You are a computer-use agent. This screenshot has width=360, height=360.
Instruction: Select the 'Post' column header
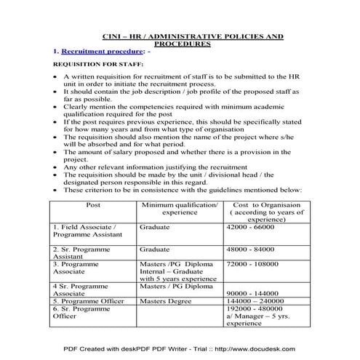pos(93,206)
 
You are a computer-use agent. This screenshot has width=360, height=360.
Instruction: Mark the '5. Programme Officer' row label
pos(90,300)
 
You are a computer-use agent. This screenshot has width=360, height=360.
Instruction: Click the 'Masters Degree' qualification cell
pos(164,300)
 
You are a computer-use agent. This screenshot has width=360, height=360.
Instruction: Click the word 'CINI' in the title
pos(107,36)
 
